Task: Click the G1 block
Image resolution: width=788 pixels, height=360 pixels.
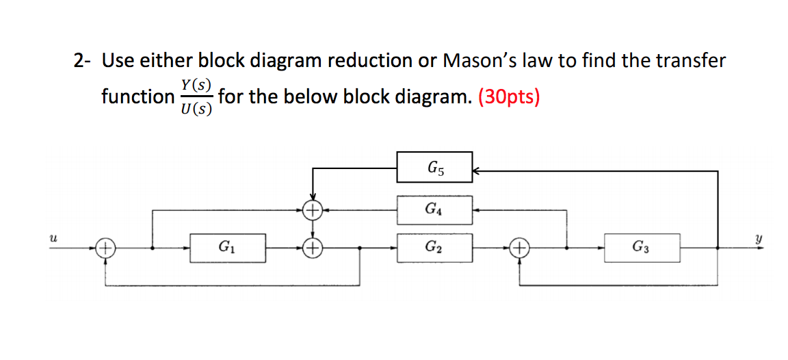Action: [224, 248]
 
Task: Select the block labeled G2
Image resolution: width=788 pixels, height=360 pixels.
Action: [434, 248]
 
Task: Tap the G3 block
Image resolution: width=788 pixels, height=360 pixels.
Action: [642, 248]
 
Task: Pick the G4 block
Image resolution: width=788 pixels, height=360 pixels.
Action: [434, 210]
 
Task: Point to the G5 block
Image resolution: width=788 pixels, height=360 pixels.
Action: [434, 167]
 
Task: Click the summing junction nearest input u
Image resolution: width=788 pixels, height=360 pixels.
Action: [105, 248]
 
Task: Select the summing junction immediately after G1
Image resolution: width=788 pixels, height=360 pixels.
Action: [313, 248]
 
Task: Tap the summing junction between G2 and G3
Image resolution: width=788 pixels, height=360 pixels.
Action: [520, 248]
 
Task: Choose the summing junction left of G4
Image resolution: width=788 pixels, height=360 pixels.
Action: [313, 211]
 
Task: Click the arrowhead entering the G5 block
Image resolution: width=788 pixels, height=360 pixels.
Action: [477, 172]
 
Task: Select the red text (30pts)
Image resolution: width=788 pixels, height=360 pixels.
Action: [509, 97]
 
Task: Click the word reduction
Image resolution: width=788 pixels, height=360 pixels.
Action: [369, 61]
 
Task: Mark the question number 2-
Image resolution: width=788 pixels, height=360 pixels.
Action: [83, 61]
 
